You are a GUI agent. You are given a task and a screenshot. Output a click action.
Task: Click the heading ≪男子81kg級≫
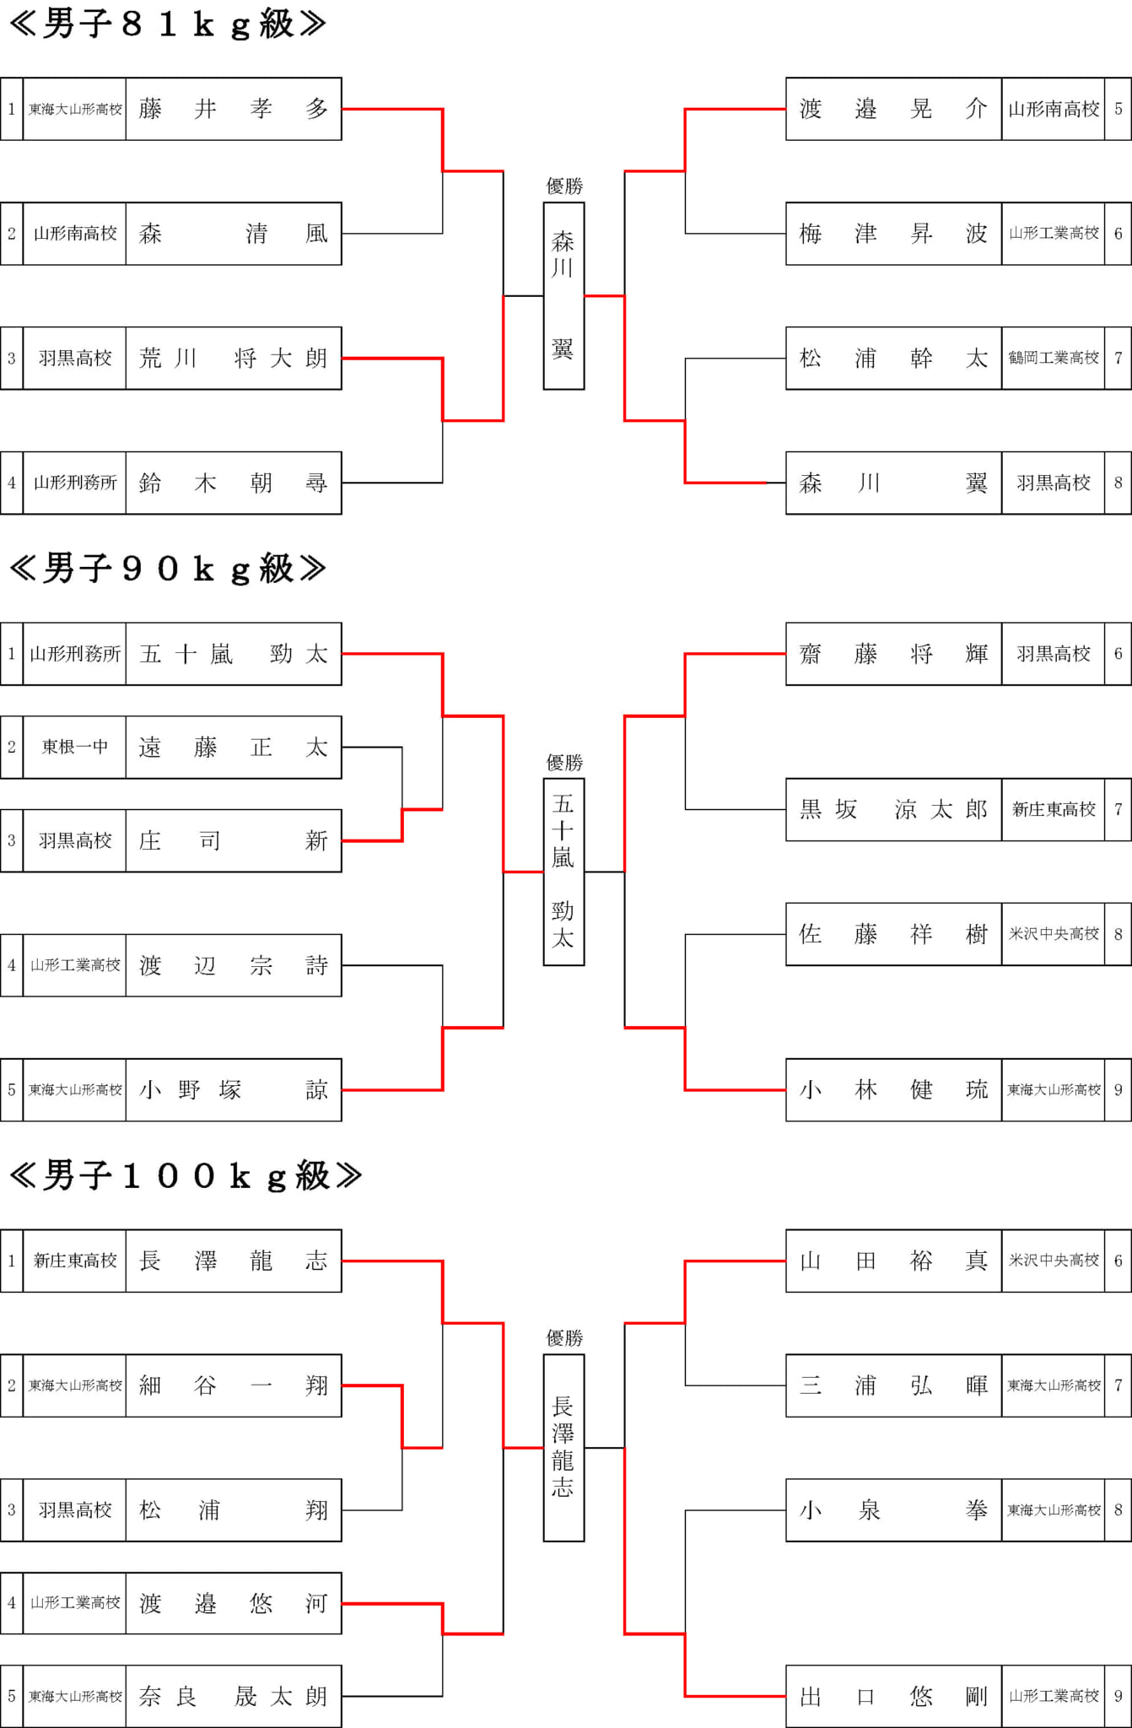[168, 24]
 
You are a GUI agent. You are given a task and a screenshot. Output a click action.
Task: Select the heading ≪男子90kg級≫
[168, 569]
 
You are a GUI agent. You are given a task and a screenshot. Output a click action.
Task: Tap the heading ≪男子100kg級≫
[186, 1175]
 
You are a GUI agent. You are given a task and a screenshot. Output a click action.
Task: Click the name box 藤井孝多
[234, 109]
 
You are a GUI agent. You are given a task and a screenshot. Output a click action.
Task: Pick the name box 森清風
[234, 234]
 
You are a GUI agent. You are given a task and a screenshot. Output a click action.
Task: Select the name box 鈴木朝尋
[234, 483]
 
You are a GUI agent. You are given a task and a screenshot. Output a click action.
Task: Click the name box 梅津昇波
[894, 234]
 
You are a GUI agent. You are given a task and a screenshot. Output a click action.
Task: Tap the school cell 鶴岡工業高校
[1054, 358]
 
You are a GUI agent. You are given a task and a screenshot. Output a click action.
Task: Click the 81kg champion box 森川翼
[563, 295]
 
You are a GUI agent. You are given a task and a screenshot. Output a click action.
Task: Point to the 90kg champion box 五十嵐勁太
[563, 872]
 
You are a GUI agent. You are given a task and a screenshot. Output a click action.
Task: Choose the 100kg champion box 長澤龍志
[563, 1448]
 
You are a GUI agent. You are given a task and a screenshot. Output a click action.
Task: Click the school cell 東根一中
[75, 747]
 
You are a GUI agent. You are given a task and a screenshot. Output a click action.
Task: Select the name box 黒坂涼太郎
[894, 809]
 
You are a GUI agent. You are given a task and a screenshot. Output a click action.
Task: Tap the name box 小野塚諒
[234, 1089]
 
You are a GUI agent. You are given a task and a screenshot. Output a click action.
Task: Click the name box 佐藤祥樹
[894, 934]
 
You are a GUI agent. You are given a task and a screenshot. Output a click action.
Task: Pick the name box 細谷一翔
[234, 1385]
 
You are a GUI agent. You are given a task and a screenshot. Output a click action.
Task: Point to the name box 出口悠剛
[894, 1696]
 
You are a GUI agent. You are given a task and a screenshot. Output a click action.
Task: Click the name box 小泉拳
[894, 1510]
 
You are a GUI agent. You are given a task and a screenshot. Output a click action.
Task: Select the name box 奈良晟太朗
[234, 1696]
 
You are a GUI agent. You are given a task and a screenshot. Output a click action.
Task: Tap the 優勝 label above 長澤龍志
[564, 1337]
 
